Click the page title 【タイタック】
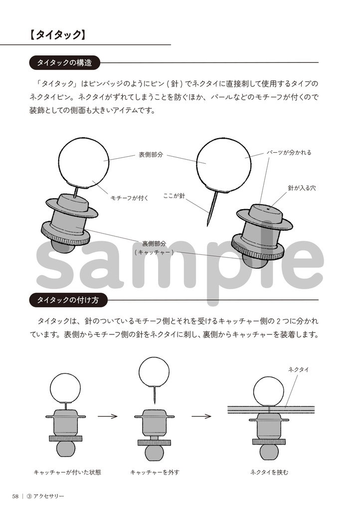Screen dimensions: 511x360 pos(57,34)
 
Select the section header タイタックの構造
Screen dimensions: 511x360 pos(64,63)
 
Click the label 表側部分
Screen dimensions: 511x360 pos(151,155)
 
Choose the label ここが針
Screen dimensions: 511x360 pos(174,196)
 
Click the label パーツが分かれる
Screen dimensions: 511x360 pos(289,153)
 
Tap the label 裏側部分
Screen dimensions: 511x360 pos(154,244)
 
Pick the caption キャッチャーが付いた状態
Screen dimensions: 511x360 pos(67,472)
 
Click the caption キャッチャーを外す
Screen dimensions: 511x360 pos(155,472)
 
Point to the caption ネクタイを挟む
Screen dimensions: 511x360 pos(269,472)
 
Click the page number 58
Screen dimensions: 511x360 pos(16,496)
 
